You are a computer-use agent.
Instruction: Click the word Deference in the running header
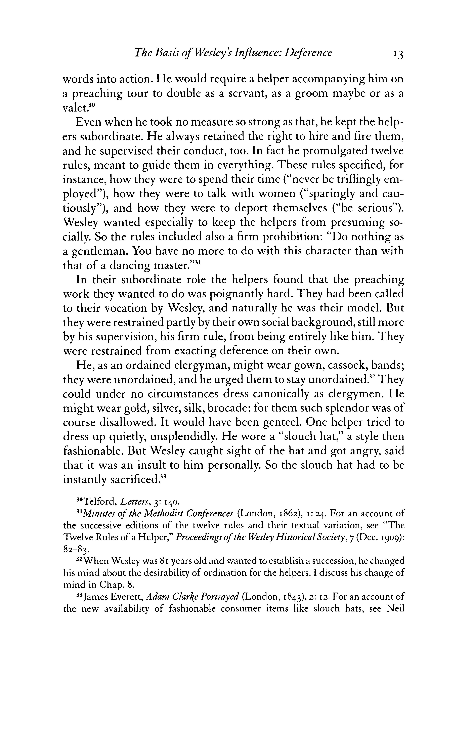coord(308,53)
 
